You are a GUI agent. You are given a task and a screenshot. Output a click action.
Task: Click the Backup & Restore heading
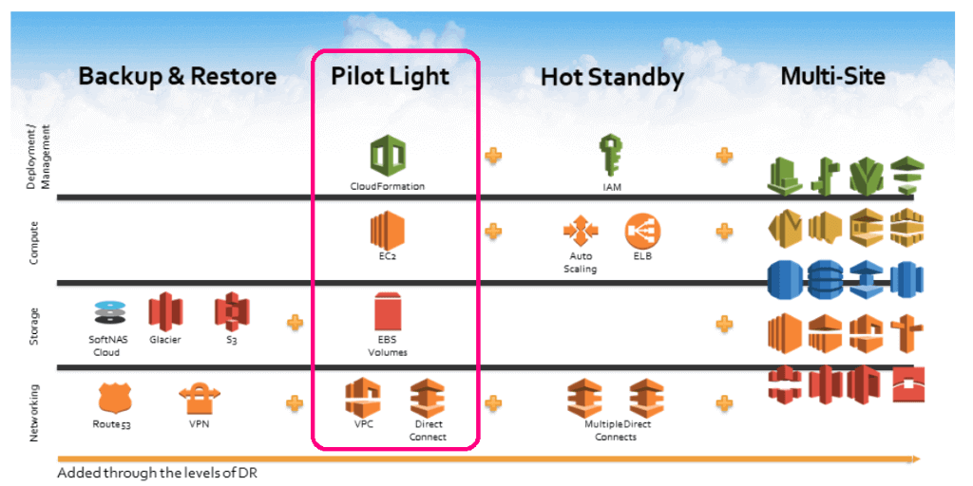[x=177, y=76]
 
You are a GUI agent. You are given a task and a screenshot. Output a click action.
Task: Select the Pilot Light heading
[x=391, y=76]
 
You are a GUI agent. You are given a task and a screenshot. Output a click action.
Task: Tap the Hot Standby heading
[x=611, y=77]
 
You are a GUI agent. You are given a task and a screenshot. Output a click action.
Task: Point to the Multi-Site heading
[x=832, y=76]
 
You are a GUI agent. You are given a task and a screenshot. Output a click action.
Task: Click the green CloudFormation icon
[x=388, y=155]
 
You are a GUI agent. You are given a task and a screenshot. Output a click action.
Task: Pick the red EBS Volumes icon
[x=388, y=313]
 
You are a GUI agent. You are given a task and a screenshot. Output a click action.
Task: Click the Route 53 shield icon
[x=112, y=398]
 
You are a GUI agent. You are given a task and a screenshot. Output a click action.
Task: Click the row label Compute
[x=35, y=243]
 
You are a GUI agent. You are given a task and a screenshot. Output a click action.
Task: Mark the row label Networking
[x=35, y=412]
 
